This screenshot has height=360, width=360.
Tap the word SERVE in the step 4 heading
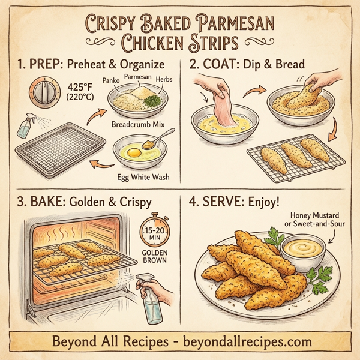(226, 200)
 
